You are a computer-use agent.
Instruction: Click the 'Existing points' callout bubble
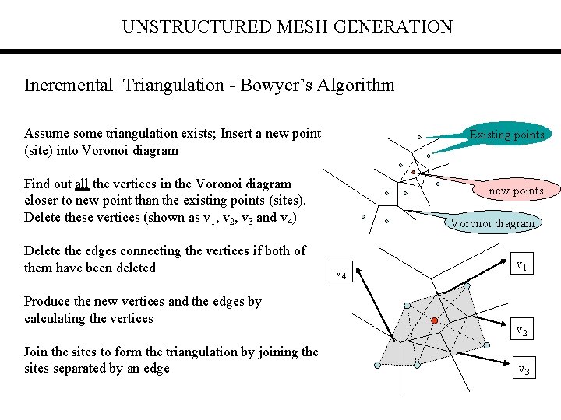coord(506,135)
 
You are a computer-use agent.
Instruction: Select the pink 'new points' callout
coord(516,191)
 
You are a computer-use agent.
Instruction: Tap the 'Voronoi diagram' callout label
coord(493,223)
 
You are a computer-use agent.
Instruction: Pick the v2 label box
coord(523,331)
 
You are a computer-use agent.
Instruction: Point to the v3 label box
coord(524,369)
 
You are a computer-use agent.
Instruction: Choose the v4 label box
coord(341,273)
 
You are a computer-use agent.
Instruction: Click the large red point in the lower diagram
coord(435,320)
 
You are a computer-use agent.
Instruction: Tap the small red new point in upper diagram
coord(414,173)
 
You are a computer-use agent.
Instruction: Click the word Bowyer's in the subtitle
coord(274,85)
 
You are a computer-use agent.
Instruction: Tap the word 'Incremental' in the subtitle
coord(69,85)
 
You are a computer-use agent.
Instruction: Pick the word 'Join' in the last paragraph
coord(37,352)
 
